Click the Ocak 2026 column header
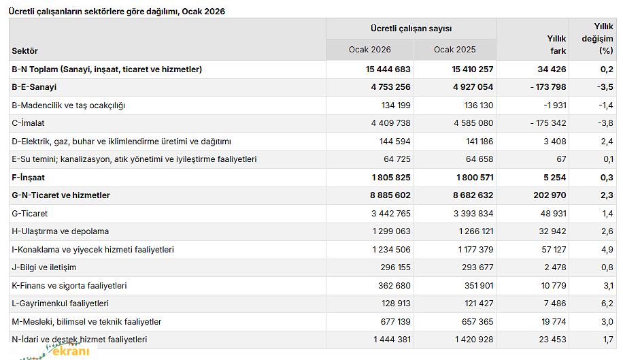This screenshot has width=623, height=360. click(369, 50)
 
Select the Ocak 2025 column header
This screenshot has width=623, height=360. click(454, 50)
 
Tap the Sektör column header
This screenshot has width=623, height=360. click(25, 51)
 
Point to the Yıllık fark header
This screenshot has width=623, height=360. click(556, 45)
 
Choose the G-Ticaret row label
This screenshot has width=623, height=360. click(30, 214)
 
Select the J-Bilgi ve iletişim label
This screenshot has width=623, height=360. click(44, 267)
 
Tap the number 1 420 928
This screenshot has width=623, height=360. click(469, 340)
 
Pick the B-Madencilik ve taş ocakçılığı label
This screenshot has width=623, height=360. click(69, 105)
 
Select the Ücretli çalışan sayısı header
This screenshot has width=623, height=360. click(411, 29)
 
